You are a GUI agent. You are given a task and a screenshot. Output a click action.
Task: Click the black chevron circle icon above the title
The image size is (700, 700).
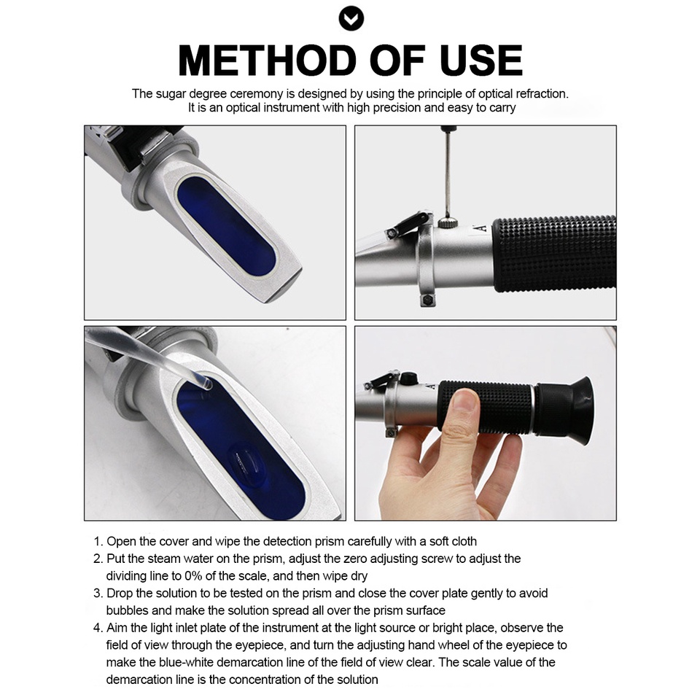(x=351, y=18)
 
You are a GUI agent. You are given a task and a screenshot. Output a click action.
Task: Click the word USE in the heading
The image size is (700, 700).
(x=481, y=61)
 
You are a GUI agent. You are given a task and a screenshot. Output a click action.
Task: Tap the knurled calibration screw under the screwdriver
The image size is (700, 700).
(x=446, y=223)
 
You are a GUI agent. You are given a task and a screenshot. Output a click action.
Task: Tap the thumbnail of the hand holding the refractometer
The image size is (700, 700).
(x=464, y=403)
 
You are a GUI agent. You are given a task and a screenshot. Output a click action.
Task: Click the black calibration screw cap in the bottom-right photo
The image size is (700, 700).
(x=409, y=378)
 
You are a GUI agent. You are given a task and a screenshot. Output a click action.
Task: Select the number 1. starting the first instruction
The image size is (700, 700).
(x=98, y=542)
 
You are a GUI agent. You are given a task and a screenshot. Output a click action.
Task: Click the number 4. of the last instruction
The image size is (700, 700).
(x=98, y=628)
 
